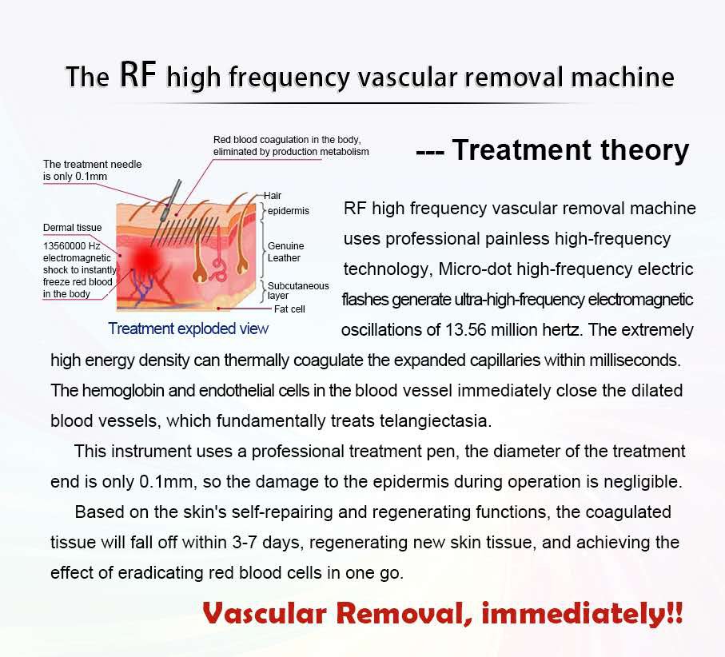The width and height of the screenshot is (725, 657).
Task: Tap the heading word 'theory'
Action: pos(644,151)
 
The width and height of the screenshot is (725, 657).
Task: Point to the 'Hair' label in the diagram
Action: pos(273,196)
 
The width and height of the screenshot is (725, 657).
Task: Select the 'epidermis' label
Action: pos(288,211)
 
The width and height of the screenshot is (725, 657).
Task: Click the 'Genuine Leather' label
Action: pos(285,252)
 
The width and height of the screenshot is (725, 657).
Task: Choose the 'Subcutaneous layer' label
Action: pos(298,290)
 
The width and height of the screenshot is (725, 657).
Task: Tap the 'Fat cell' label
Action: pos(289,309)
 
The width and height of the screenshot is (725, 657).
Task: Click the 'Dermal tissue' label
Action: pos(72,228)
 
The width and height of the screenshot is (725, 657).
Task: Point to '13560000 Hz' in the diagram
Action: pos(72,246)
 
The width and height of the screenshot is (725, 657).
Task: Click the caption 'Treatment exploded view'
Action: pos(188,328)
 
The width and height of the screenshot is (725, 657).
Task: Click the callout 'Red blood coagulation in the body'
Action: pos(287,140)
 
